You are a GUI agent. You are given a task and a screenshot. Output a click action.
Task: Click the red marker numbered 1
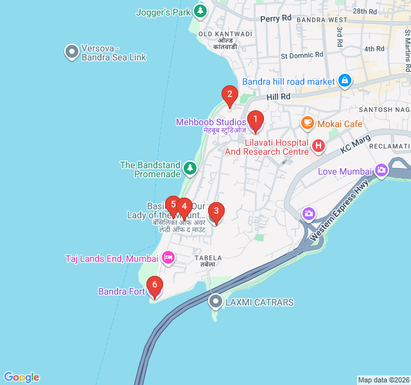(256, 119)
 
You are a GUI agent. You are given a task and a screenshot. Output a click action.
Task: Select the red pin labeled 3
(216, 210)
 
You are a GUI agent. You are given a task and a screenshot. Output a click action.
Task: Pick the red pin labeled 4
(184, 207)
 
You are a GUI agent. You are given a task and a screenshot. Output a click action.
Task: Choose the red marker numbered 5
(173, 205)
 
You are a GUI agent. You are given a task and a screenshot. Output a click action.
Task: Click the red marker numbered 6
(154, 285)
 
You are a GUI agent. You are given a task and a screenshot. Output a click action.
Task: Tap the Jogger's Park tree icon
(201, 11)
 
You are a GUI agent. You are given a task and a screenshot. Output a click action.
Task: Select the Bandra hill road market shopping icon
(345, 81)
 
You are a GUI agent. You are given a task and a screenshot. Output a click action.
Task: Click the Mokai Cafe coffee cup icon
(308, 123)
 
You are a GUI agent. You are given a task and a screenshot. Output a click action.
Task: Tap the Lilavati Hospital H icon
(317, 147)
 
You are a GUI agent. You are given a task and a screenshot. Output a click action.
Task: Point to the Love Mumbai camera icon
(382, 171)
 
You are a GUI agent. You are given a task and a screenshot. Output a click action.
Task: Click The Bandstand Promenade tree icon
(189, 169)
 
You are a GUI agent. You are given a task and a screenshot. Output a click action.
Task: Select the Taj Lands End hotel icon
(168, 258)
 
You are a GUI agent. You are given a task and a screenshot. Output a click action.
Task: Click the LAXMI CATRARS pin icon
(216, 301)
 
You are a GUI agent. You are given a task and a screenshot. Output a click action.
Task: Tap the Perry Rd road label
(275, 19)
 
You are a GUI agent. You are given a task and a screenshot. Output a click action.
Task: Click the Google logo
(21, 377)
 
